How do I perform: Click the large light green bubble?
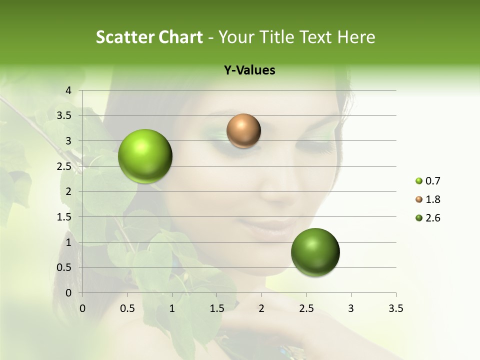click(145, 156)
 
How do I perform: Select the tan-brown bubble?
click(243, 131)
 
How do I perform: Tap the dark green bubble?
click(315, 252)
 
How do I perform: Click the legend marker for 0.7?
click(419, 181)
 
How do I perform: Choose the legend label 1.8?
click(432, 199)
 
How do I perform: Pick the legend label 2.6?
click(432, 218)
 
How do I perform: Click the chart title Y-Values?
click(249, 70)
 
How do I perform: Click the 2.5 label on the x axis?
click(306, 308)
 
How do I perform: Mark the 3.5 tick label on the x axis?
click(395, 308)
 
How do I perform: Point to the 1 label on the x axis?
click(172, 308)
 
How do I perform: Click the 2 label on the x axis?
click(261, 308)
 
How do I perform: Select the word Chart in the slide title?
click(180, 37)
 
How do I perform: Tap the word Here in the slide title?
click(356, 37)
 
